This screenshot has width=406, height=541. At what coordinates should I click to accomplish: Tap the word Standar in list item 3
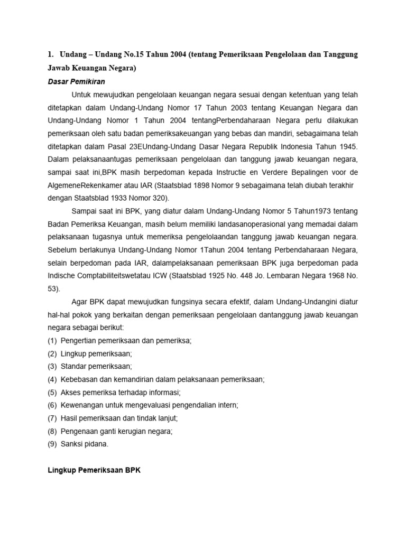(74, 366)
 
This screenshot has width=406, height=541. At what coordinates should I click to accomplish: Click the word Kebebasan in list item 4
(79, 379)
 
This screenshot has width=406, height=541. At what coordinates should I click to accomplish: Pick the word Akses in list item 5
(70, 392)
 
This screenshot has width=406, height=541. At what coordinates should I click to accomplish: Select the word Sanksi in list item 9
(72, 444)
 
